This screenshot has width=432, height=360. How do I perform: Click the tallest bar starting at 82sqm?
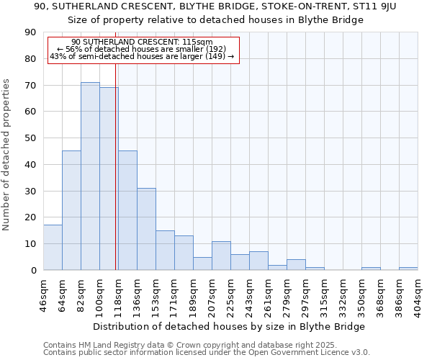90,176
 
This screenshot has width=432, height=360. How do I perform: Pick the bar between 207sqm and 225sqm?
221,256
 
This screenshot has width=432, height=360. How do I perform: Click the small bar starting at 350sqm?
371,269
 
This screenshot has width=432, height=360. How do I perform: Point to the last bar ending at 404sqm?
408,269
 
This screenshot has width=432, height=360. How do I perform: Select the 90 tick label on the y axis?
30,32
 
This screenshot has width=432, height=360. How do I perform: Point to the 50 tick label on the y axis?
30,138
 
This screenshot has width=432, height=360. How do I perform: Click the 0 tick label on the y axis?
33,270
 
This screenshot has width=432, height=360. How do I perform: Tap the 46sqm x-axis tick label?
43,294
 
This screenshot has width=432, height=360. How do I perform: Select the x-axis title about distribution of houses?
230,326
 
